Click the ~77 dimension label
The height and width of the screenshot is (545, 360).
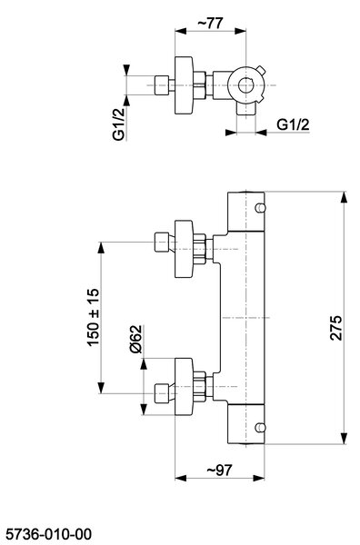[x=210, y=24]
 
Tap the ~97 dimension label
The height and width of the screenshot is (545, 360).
[x=219, y=470]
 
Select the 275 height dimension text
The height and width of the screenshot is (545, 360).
[x=336, y=327]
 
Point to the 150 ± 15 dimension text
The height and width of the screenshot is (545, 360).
[x=94, y=317]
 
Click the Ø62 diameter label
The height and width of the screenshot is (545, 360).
[x=135, y=339]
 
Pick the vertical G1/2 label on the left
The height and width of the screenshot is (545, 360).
[x=118, y=124]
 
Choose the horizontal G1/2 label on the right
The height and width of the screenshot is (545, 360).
[x=293, y=124]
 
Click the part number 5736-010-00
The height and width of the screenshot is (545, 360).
[x=49, y=534]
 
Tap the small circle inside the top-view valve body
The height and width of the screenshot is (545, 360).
[x=245, y=85]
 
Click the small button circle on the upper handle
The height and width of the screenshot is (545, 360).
[x=260, y=208]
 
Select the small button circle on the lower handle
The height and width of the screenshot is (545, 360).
[x=260, y=428]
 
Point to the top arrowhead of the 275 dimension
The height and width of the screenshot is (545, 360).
[x=344, y=197]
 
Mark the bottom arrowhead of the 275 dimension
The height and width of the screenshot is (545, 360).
[x=344, y=439]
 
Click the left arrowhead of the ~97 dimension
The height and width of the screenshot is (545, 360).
[x=181, y=479]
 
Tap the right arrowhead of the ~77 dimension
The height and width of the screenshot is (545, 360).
[x=240, y=31]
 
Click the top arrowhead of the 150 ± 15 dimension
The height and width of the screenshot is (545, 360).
[x=101, y=248]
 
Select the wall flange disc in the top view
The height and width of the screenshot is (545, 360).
[x=184, y=85]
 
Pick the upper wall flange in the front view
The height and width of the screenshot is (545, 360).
[x=184, y=249]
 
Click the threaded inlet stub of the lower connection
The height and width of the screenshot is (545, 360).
[x=161, y=393]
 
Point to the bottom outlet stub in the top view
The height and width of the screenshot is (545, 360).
[x=246, y=109]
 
